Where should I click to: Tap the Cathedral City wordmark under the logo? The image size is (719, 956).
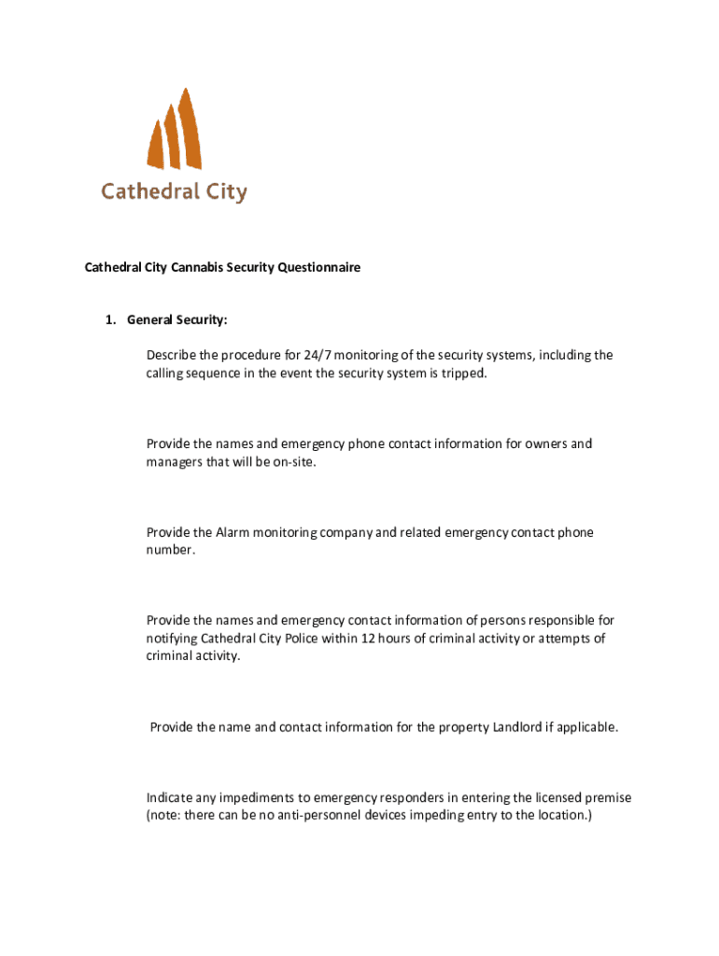click(174, 192)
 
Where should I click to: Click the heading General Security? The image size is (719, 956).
click(177, 320)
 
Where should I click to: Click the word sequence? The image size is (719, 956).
click(216, 373)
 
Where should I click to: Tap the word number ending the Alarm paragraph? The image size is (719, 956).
click(170, 551)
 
